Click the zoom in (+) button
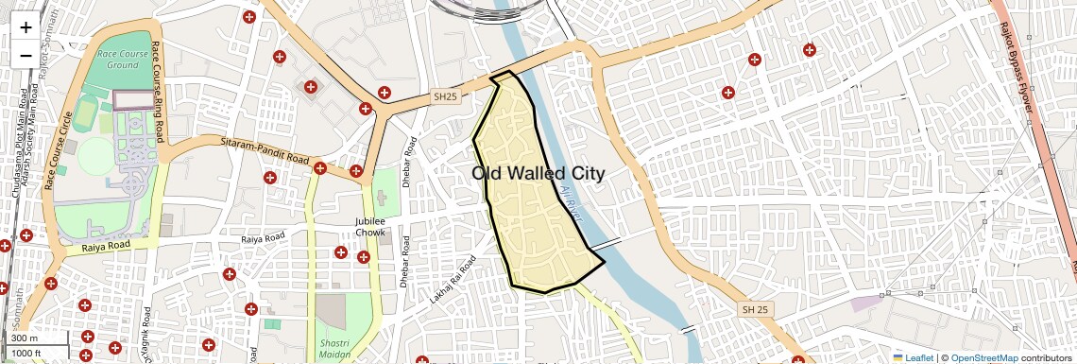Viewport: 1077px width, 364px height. tap(26, 27)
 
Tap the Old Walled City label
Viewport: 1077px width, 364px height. tap(538, 173)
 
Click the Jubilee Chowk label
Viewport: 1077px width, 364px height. tap(369, 226)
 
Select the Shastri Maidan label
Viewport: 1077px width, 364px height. tap(334, 348)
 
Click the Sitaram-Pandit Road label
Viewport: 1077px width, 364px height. tap(265, 151)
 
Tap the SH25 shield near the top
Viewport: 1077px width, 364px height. tap(444, 96)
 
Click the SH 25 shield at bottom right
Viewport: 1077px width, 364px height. tap(755, 310)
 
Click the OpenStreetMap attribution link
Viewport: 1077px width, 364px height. tap(983, 357)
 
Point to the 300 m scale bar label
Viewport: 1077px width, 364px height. tap(25, 338)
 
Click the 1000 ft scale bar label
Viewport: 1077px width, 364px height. tap(27, 353)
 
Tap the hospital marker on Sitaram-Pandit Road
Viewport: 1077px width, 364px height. tap(320, 168)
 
